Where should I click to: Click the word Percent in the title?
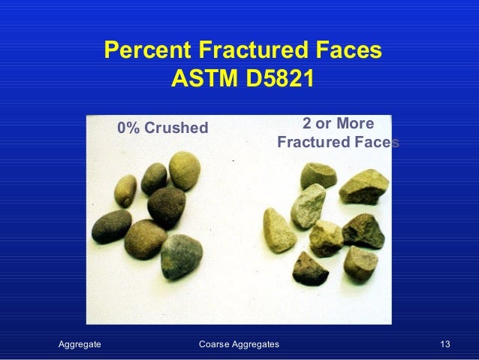pyautogui.click(x=147, y=51)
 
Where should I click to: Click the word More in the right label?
pyautogui.click(x=354, y=123)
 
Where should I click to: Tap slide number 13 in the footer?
pyautogui.click(x=445, y=344)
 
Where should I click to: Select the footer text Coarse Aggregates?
pyautogui.click(x=239, y=344)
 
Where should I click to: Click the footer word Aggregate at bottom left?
pyautogui.click(x=80, y=344)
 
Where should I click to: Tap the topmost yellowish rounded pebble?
pyautogui.click(x=184, y=170)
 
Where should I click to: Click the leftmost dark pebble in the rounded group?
pyautogui.click(x=111, y=225)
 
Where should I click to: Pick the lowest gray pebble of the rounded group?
pyautogui.click(x=181, y=256)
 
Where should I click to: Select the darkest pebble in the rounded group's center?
pyautogui.click(x=166, y=207)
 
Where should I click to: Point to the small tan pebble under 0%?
pyautogui.click(x=125, y=190)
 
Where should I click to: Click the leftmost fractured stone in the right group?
pyautogui.click(x=279, y=229)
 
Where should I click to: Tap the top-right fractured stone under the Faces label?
pyautogui.click(x=364, y=186)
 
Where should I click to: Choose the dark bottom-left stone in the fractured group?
pyautogui.click(x=310, y=268)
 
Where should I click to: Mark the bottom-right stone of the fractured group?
pyautogui.click(x=360, y=263)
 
